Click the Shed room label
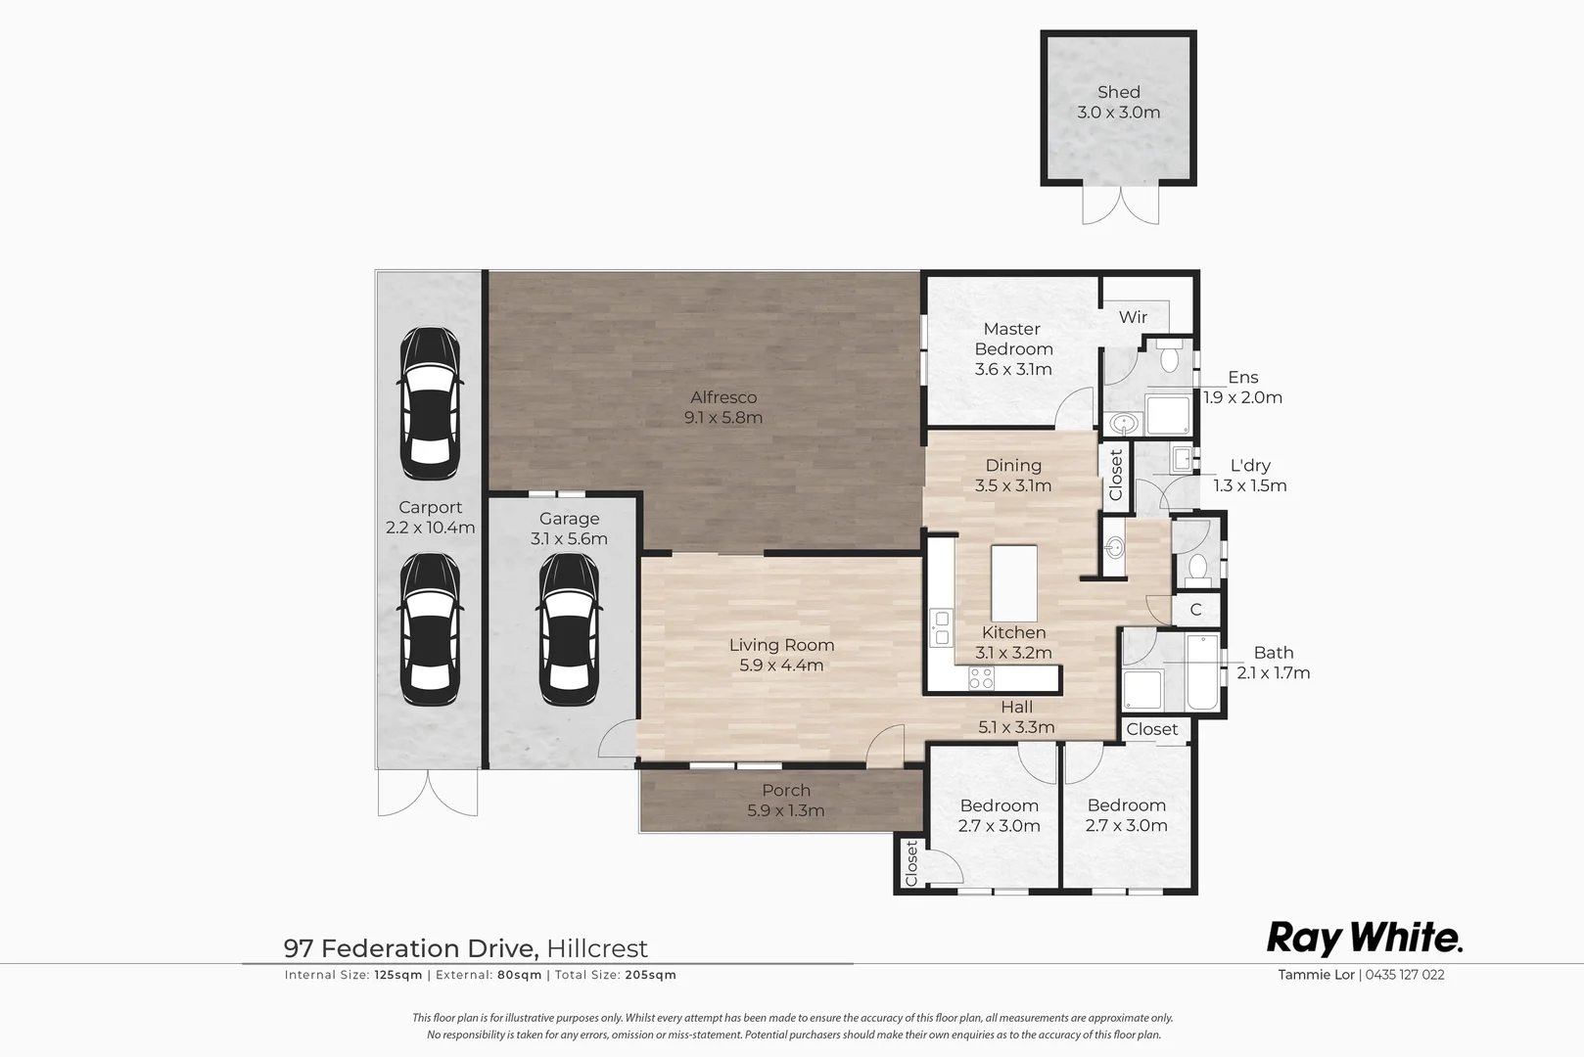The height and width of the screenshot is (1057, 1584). [x=1118, y=92]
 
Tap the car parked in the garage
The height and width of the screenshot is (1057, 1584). [x=569, y=628]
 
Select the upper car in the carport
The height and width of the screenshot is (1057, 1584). [x=430, y=402]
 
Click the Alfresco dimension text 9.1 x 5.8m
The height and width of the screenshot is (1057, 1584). [x=723, y=418]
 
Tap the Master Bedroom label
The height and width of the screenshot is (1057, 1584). [x=1013, y=339]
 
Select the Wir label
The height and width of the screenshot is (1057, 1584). [x=1133, y=317]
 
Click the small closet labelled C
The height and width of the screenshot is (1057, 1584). [x=1195, y=610]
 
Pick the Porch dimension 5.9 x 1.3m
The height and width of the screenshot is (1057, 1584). [x=785, y=810]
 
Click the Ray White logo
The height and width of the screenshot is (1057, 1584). [x=1365, y=938]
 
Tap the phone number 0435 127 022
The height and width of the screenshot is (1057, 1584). [x=1405, y=975]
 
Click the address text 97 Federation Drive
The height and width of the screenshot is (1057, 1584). [x=409, y=948]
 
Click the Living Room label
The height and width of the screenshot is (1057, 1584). [x=781, y=645]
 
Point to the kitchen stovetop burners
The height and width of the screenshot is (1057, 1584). [x=981, y=677]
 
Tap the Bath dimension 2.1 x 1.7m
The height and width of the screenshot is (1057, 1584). [x=1273, y=673]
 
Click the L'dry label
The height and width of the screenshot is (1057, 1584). [x=1250, y=466]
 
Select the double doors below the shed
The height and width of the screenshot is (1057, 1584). [x=1121, y=205]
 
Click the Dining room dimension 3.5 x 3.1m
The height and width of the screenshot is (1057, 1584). [x=1013, y=485]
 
